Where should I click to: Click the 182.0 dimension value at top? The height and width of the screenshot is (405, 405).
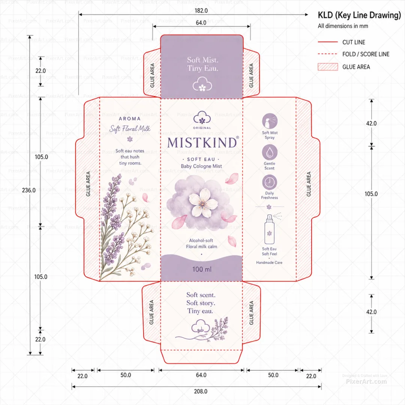click(x=201, y=10)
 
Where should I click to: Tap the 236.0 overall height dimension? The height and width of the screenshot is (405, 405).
click(x=28, y=190)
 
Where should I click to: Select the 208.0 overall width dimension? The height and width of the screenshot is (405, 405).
click(x=201, y=391)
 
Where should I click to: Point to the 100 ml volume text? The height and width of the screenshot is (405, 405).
click(x=202, y=269)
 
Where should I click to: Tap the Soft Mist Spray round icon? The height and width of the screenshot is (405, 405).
click(x=270, y=121)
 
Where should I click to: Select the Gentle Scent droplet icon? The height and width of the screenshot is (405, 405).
click(x=270, y=152)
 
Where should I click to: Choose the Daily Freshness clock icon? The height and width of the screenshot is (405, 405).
click(x=269, y=182)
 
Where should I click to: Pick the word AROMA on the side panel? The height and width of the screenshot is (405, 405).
click(x=130, y=119)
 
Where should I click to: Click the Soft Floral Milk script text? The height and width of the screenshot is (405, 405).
click(x=130, y=129)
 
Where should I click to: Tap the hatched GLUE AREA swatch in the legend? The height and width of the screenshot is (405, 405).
click(x=328, y=67)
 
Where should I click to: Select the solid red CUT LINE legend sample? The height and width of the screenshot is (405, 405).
click(x=328, y=42)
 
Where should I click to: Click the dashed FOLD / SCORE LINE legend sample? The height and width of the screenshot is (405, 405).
click(x=327, y=54)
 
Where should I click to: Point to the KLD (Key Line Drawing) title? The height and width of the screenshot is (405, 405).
click(x=359, y=15)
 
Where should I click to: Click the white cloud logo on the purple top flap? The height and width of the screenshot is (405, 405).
click(x=202, y=84)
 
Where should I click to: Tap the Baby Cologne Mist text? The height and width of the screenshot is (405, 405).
click(x=201, y=166)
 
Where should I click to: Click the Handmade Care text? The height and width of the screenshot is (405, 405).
click(x=269, y=262)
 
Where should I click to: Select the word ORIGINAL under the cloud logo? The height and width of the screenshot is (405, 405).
click(x=202, y=128)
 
